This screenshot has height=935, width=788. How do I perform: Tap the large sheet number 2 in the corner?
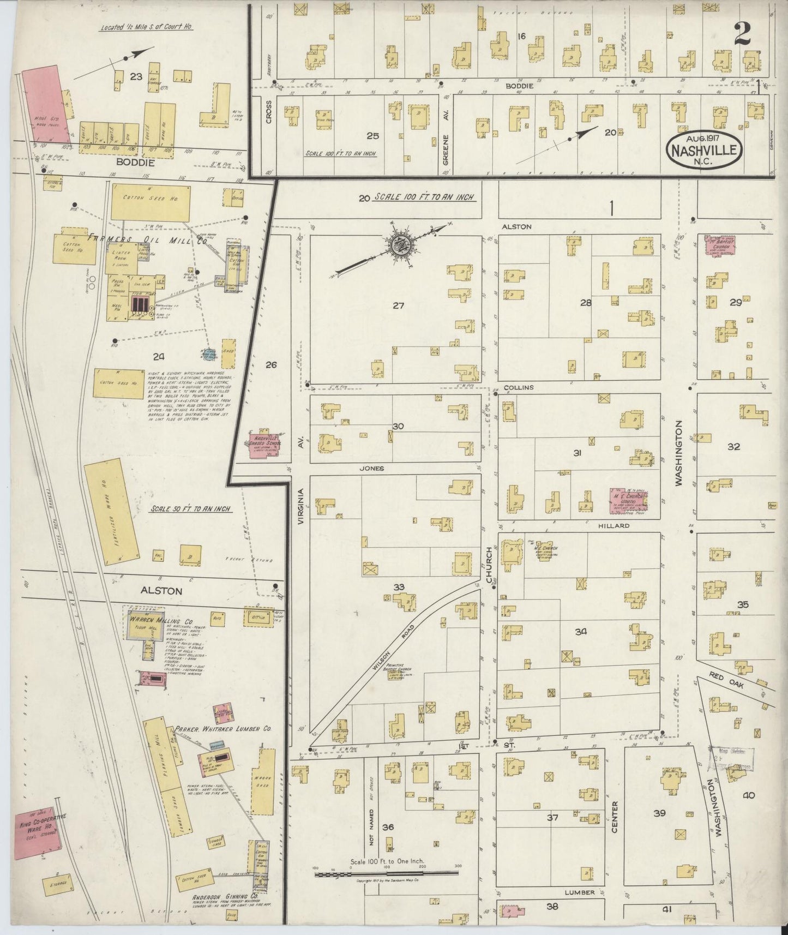pos(742,34)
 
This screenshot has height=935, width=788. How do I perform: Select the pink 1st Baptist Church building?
pos(720,244)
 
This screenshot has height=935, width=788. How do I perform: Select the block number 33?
pos(399,587)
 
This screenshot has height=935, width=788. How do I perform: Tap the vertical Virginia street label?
pos(300,506)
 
